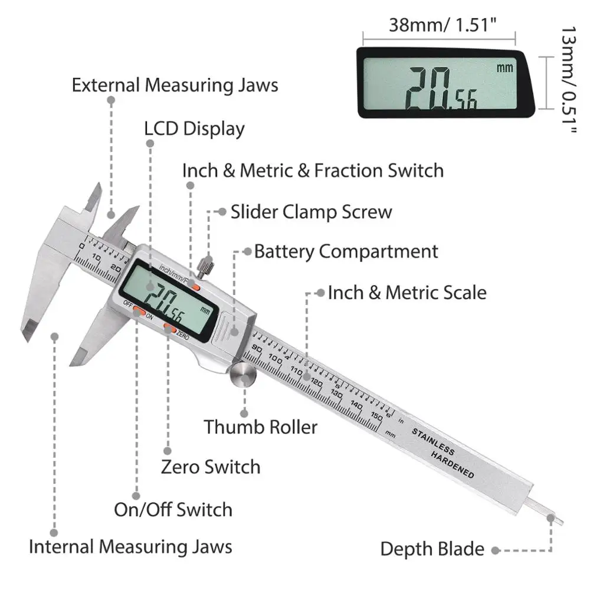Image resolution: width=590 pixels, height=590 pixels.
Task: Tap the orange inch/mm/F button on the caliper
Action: point(194,287)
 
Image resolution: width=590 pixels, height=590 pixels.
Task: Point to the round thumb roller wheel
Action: point(242,375)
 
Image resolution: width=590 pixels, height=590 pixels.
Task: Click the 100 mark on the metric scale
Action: point(276,359)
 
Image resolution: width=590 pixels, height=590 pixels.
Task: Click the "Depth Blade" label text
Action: point(432,549)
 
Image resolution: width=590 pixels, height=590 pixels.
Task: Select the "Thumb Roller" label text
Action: point(261,427)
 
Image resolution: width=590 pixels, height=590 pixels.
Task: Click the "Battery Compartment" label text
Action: point(346,251)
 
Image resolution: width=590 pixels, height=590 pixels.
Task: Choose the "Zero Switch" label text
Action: point(211,467)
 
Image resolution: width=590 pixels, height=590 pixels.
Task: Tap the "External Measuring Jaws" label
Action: point(175,84)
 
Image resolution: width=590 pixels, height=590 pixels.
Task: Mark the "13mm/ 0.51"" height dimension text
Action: point(568,80)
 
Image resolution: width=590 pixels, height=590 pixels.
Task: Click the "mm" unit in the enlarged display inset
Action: point(505,67)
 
